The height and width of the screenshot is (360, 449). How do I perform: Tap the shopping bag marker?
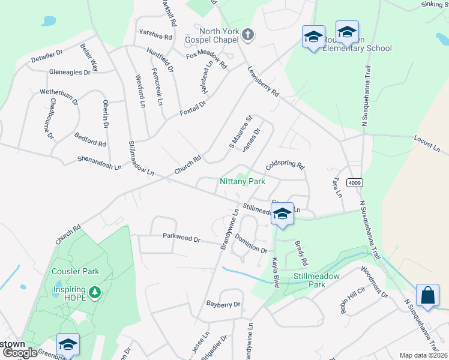point(427,296)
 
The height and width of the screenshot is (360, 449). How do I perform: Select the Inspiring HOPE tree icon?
point(94,293)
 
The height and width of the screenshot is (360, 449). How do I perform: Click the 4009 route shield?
point(355,183)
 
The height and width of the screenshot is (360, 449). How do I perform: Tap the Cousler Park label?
point(75,271)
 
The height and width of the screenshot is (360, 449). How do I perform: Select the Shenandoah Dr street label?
point(100,162)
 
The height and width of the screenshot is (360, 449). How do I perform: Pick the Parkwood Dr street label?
point(181,238)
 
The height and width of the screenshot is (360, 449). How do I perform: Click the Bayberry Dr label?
point(223,305)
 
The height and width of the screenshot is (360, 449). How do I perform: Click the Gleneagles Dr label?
point(70,72)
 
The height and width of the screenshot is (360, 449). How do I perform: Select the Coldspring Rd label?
point(285,164)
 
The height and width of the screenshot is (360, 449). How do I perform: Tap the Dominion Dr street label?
point(251,244)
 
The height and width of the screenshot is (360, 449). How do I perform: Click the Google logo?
point(20,353)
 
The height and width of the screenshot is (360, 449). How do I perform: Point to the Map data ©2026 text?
point(423,355)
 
